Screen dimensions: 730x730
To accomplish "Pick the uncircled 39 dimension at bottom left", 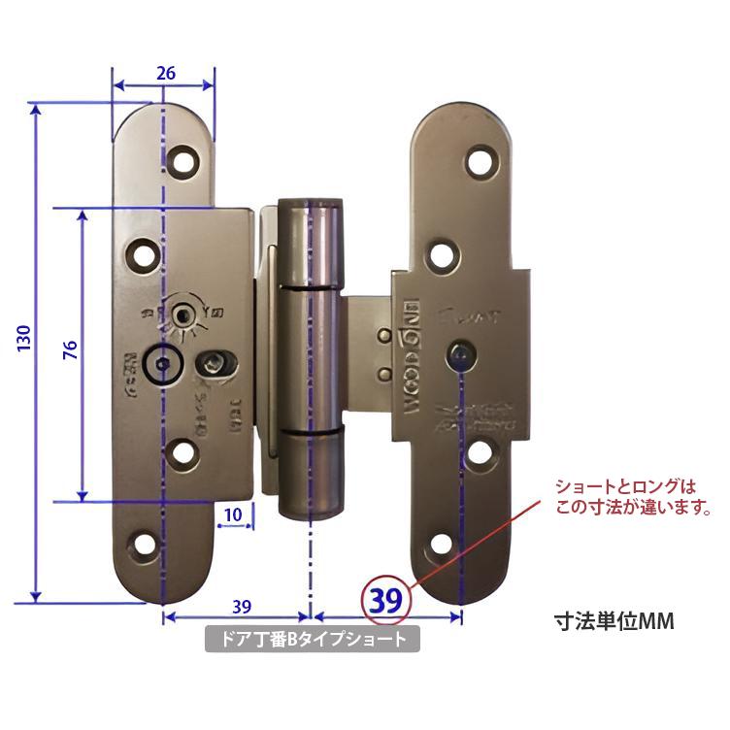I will tap(242, 607).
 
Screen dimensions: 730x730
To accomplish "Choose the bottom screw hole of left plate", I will tap(146, 545).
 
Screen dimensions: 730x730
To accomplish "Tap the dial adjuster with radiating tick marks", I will tap(183, 313).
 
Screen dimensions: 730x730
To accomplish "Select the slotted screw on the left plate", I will tap(212, 363).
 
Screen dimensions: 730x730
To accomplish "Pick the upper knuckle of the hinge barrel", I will tap(311, 243).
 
